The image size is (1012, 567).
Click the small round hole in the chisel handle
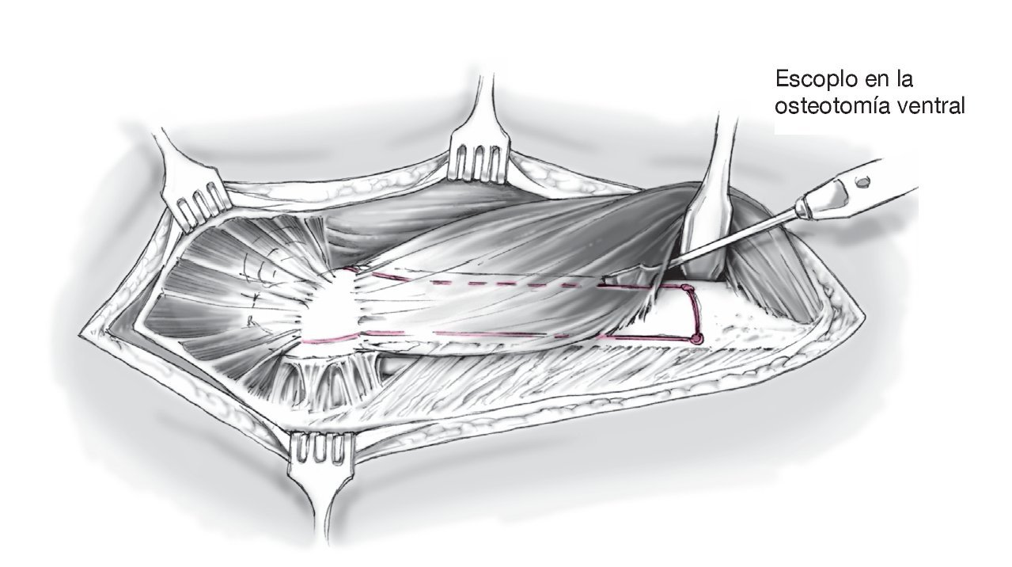(863, 181)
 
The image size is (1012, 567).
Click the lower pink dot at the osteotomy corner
(697, 339)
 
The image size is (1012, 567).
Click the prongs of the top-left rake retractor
(195, 207)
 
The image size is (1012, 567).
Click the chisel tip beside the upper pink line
(613, 278)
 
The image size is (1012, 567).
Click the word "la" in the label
(904, 81)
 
